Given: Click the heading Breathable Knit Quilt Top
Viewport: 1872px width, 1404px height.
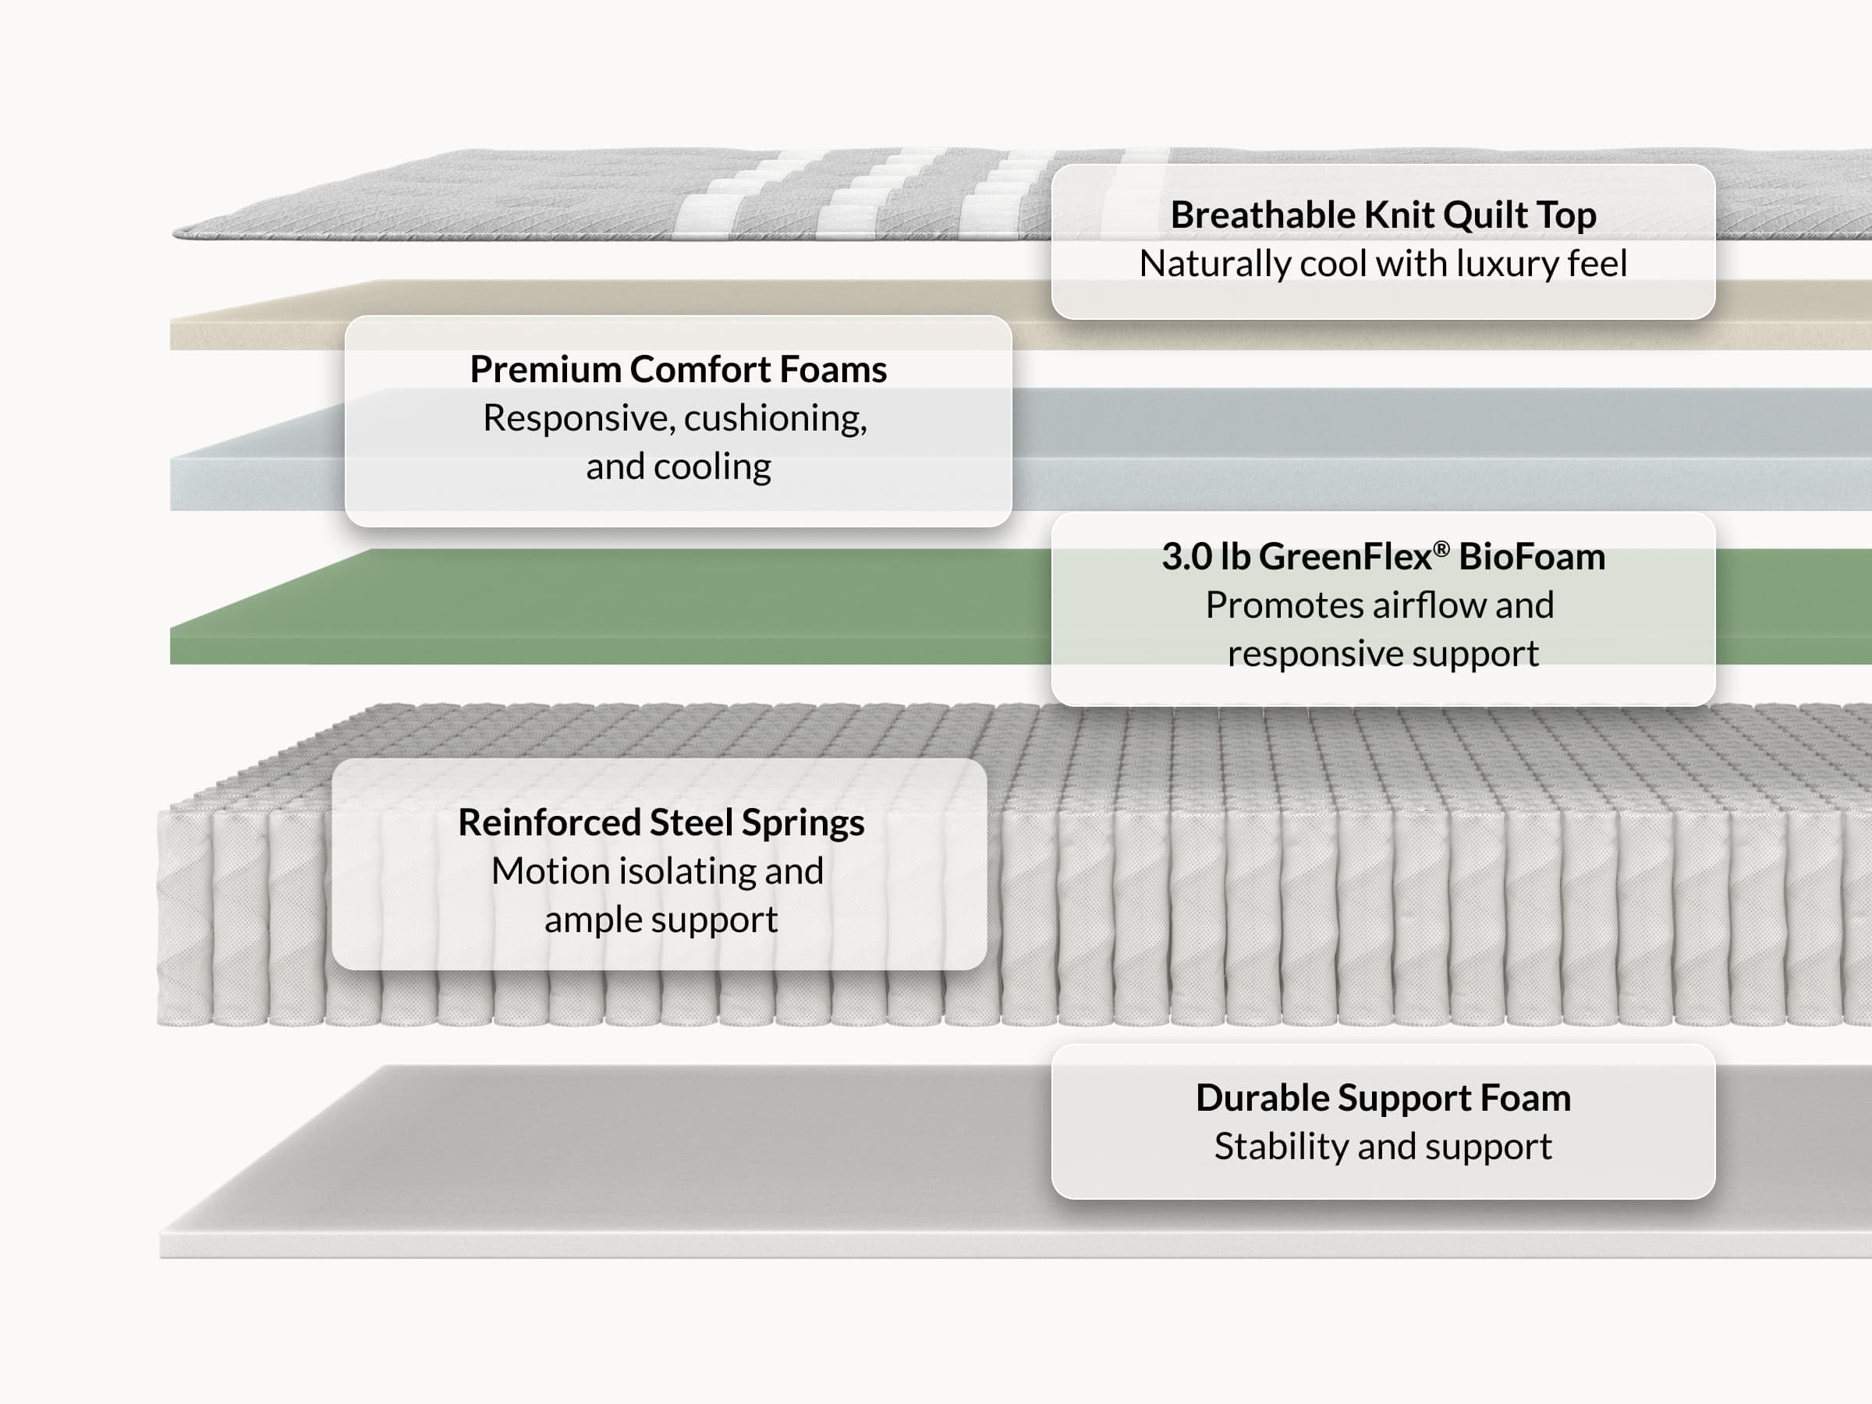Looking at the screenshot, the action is (x=1383, y=215).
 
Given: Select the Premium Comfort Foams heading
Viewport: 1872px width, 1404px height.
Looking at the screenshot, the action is (x=678, y=370).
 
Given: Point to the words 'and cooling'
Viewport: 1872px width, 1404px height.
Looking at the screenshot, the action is (x=678, y=466).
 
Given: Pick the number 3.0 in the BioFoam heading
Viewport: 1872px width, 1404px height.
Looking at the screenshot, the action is (x=1187, y=557).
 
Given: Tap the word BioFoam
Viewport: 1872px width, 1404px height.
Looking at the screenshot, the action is (x=1532, y=557).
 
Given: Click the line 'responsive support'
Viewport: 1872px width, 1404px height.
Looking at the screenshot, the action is (x=1383, y=654).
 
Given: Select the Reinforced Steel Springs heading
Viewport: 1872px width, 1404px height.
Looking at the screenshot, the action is (x=661, y=823).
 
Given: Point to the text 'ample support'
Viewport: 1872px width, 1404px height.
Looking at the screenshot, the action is (x=661, y=920).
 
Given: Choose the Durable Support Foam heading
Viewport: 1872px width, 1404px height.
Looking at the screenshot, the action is (x=1383, y=1098).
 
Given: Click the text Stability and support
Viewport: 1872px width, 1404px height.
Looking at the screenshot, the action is (x=1383, y=1147).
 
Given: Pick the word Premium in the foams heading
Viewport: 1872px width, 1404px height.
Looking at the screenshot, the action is (x=546, y=370).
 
